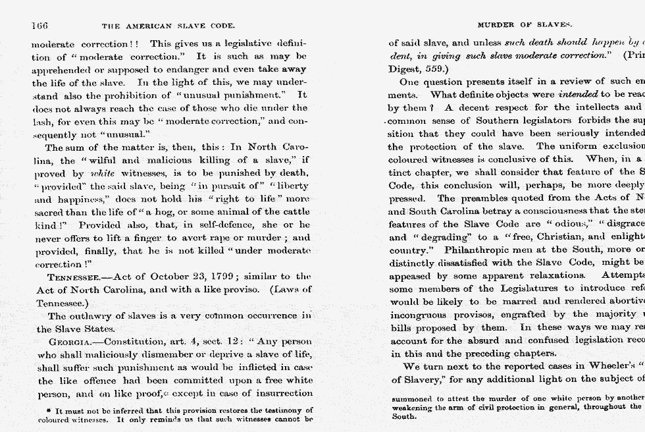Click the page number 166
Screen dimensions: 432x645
click(39, 26)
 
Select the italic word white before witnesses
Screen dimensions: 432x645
click(102, 174)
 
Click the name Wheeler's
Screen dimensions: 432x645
click(606, 366)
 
